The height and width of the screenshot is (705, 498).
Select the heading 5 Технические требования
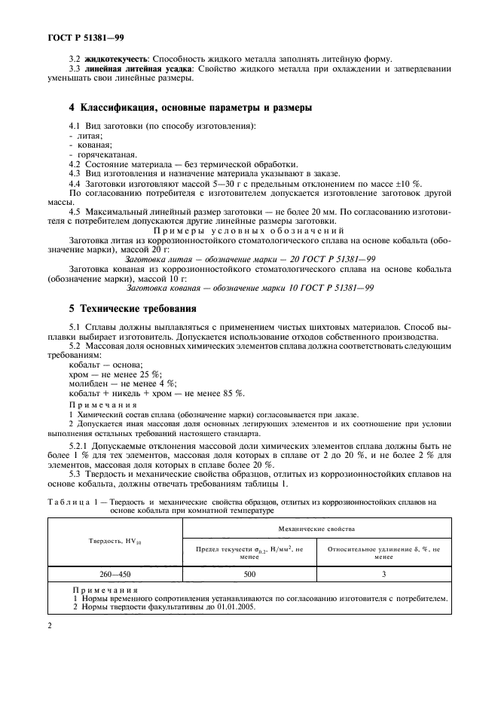[123, 308]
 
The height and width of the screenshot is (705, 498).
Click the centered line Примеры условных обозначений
[249, 230]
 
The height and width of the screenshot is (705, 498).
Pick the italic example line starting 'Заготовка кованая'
[249, 288]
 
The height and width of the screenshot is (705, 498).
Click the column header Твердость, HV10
[115, 540]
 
